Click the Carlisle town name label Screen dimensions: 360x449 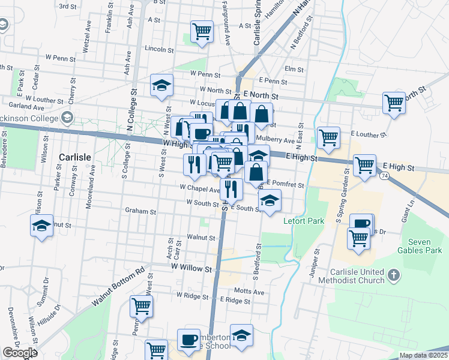[x=75, y=157]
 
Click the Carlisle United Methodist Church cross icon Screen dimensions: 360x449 [x=394, y=275]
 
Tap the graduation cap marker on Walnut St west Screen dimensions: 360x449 [x=41, y=226]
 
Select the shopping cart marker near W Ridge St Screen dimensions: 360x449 [x=142, y=305]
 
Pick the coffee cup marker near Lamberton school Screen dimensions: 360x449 [x=188, y=340]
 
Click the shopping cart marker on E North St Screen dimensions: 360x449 [x=394, y=103]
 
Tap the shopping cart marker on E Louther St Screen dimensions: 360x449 [x=328, y=137]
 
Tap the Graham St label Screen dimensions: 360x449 [x=140, y=211]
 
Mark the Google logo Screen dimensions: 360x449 [x=20, y=353]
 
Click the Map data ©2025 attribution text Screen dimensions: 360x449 [x=423, y=355]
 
